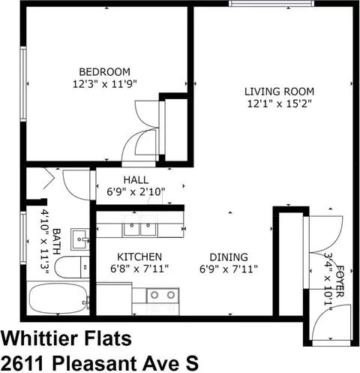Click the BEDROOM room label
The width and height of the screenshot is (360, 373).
(105, 72)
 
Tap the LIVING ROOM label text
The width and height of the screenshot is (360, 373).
(279, 92)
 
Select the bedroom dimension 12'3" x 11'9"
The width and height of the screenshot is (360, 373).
(105, 84)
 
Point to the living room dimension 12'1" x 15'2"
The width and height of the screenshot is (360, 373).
(280, 104)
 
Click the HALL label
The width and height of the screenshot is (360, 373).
(136, 180)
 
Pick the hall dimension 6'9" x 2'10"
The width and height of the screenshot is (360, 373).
(136, 192)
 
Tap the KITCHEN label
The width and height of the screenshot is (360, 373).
(139, 257)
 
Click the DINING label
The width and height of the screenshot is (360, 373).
(229, 257)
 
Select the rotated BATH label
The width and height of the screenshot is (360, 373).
(57, 242)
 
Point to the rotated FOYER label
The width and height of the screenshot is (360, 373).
(340, 281)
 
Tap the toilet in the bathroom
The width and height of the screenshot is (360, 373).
(72, 267)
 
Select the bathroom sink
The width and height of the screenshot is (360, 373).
(80, 239)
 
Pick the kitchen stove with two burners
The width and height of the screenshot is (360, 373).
(163, 296)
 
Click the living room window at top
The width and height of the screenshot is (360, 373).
(271, 4)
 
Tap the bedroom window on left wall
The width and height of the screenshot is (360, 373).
(23, 84)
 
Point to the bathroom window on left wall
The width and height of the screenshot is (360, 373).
(23, 238)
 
